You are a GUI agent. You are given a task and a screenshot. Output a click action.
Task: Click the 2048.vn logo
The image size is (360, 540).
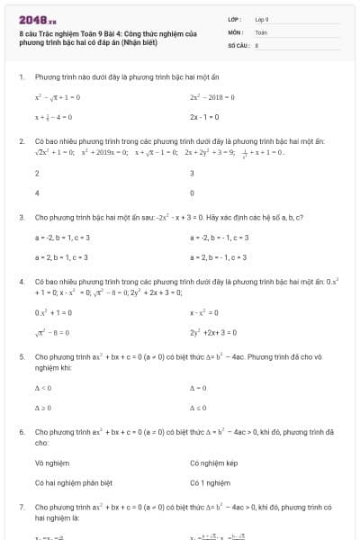coord(37,19)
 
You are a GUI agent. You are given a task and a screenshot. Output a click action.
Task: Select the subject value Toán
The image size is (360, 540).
coord(261,31)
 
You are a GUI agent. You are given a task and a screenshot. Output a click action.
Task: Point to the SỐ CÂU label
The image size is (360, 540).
coord(237,44)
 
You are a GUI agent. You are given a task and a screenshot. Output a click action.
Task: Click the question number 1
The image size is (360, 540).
coord(21,76)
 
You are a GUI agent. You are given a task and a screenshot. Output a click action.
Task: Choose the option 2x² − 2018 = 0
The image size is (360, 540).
coord(212,96)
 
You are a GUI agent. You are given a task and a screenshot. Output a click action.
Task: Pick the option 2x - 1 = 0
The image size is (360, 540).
coord(203,117)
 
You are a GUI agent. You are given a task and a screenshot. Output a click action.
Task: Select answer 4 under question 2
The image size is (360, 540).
coord(37,193)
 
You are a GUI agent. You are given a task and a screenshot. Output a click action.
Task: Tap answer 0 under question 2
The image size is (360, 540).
coord(192,193)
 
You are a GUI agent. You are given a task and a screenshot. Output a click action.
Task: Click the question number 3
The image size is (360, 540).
coord(21,217)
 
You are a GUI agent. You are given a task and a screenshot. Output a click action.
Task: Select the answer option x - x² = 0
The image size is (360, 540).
coord(205,312)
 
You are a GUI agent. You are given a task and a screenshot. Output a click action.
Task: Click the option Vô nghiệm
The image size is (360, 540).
coord(51,463)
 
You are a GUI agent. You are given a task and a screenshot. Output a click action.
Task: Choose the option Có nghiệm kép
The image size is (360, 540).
coord(213,463)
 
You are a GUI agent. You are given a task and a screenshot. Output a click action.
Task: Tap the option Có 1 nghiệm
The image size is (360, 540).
coord(209,482)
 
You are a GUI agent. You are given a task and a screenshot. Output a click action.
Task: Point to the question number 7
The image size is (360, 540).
coord(21,507)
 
